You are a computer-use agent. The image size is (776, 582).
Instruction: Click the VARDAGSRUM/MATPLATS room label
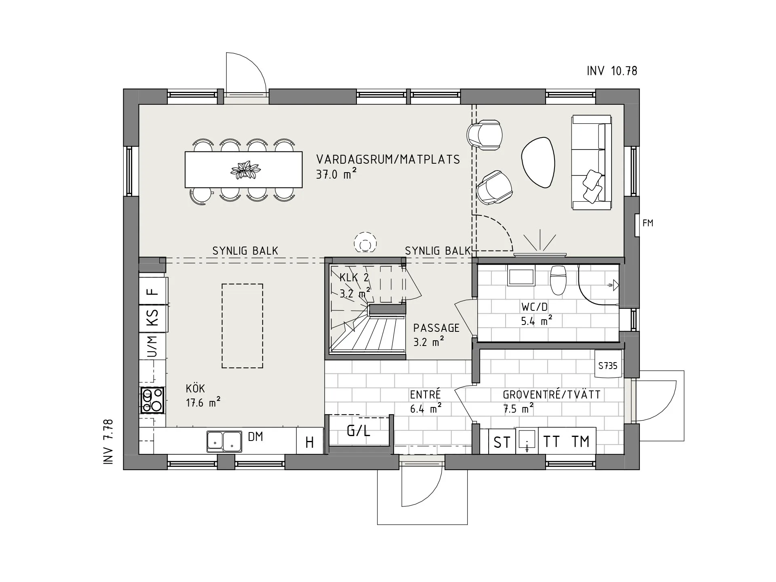click(x=388, y=160)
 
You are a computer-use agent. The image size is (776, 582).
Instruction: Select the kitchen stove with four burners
click(x=152, y=400)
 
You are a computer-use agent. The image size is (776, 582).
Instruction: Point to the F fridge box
click(x=152, y=291)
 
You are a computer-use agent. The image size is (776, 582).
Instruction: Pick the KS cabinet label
click(x=152, y=317)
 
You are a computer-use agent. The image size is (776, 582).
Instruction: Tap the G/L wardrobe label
click(x=358, y=431)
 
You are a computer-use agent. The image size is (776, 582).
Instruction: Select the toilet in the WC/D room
click(x=559, y=280)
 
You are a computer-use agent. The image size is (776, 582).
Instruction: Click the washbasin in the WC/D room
click(x=521, y=277)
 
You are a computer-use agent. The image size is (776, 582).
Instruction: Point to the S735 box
click(x=608, y=366)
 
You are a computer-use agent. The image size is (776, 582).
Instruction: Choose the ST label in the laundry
click(x=502, y=443)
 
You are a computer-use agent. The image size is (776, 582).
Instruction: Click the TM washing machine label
click(x=581, y=442)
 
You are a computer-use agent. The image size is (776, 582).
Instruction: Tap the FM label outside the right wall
click(x=647, y=223)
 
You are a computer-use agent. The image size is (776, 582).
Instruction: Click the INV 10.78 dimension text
click(x=612, y=71)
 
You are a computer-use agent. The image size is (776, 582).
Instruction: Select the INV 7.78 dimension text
click(x=108, y=442)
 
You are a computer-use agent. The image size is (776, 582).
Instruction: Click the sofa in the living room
click(x=591, y=162)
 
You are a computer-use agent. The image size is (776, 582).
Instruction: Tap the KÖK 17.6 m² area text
click(x=203, y=403)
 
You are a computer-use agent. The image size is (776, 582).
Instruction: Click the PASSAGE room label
click(x=436, y=328)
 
